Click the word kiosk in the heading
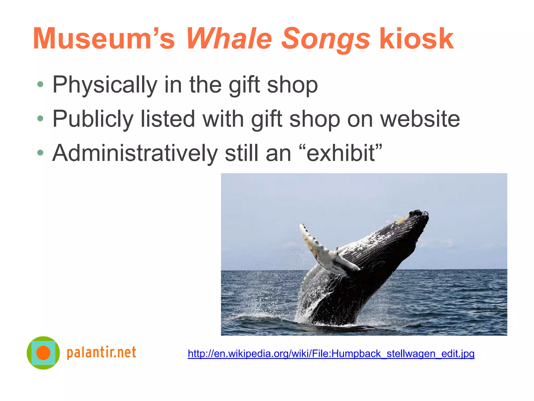tap(416, 39)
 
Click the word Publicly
tap(93, 119)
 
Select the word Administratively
tap(135, 153)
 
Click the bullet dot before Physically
tap(40, 84)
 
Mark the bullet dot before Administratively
tap(40, 153)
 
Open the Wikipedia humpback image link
tap(331, 354)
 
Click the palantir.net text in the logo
tap(101, 352)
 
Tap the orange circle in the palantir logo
tap(43, 353)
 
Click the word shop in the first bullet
tap(292, 85)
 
